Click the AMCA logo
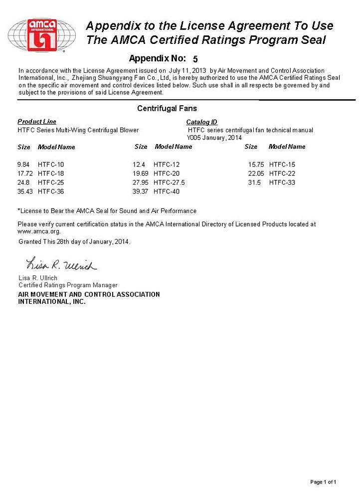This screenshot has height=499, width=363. click(42, 34)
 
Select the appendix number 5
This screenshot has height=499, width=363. click(195, 59)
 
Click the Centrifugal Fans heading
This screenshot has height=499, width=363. click(167, 108)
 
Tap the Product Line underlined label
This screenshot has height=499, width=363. click(37, 122)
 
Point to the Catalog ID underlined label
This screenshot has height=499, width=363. click(201, 122)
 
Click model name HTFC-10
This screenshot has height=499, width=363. click(51, 165)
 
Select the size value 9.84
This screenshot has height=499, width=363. click(24, 165)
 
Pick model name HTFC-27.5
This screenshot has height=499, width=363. click(169, 183)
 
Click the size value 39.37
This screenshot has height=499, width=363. click(141, 192)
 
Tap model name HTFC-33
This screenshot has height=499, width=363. click(282, 183)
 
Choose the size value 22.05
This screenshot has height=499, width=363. click(256, 174)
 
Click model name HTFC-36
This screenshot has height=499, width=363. click(51, 192)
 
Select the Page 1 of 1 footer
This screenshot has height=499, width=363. click(323, 482)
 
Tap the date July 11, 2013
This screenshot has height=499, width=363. click(187, 71)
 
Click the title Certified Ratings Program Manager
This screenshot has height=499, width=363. click(68, 285)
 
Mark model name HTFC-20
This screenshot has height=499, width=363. click(167, 174)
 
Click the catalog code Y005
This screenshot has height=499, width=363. click(193, 138)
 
